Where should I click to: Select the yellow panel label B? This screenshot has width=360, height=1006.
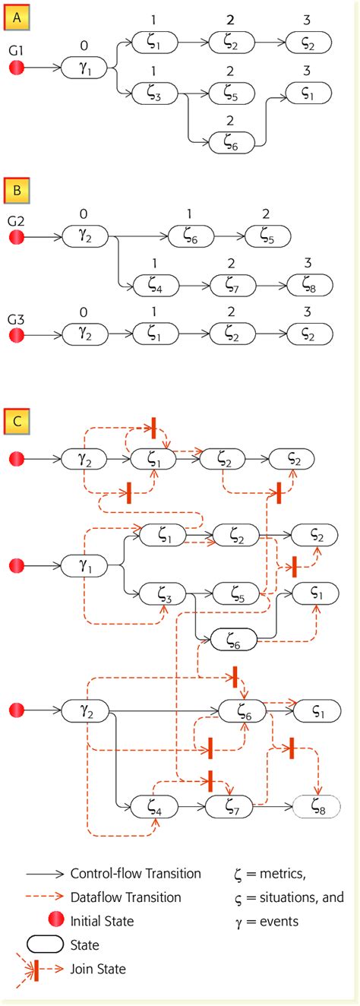tap(16, 189)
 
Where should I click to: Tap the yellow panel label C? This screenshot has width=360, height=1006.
tap(16, 421)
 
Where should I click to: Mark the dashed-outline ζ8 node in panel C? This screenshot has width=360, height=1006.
tap(315, 810)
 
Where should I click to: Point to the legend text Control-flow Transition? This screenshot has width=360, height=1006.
tap(135, 874)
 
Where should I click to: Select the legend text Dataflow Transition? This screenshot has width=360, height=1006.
tap(125, 897)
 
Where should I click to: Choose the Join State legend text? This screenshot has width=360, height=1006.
tap(98, 969)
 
